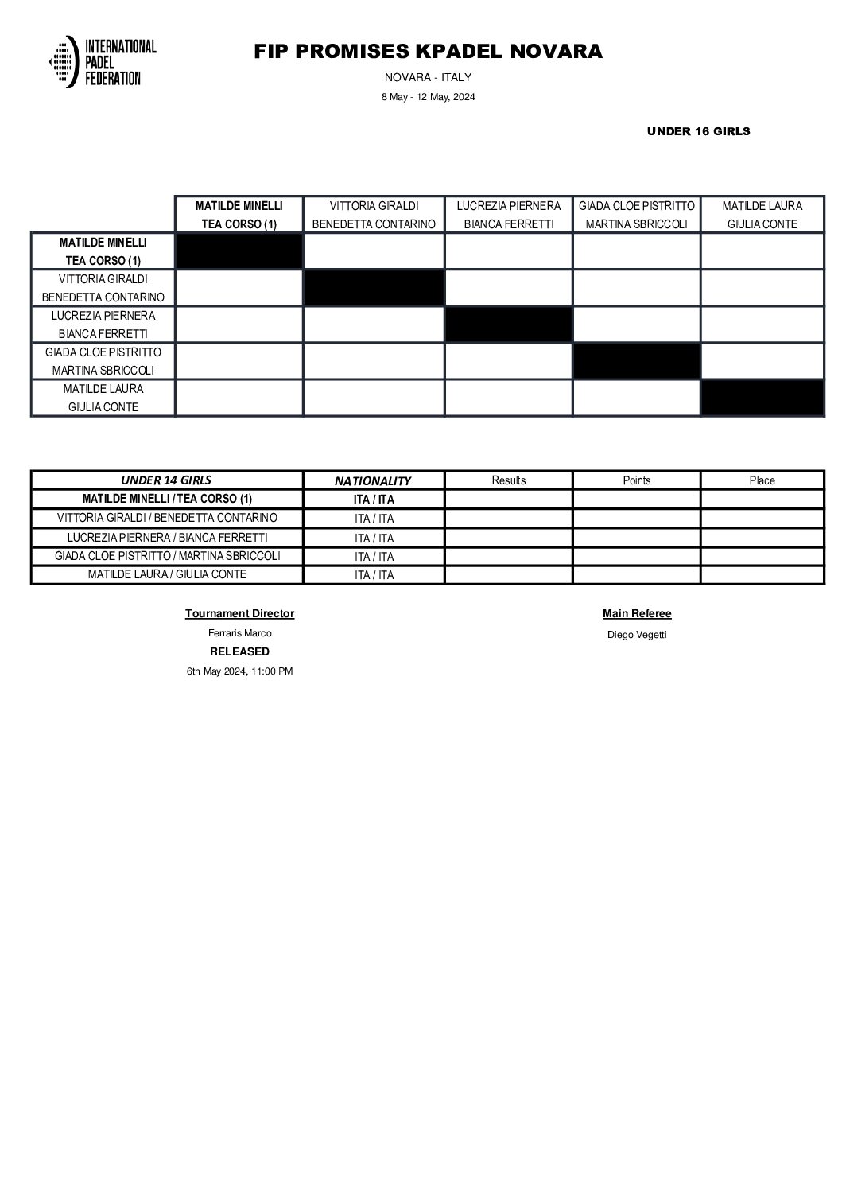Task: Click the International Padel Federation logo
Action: coord(103,61)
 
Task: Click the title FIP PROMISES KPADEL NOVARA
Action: coord(428,52)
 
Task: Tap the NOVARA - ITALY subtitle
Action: coord(428,77)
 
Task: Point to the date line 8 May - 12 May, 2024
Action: coord(428,97)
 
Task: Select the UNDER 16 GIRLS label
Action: coord(698,131)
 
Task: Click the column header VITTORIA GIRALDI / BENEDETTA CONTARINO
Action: coord(374,215)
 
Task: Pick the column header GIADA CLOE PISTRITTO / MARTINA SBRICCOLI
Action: coord(636,215)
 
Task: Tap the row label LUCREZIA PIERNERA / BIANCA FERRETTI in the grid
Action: coord(103,325)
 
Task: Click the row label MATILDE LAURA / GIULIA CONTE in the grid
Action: coord(103,398)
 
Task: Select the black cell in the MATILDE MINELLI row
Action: coord(239,251)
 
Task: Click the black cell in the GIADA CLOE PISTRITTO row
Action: coord(636,361)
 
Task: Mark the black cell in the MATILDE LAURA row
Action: coord(762,398)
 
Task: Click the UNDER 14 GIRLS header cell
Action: coord(166,480)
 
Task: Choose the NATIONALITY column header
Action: coord(373,480)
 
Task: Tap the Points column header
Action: coord(636,480)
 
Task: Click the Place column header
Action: coord(762,480)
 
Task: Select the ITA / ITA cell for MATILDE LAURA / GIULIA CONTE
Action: coord(374,575)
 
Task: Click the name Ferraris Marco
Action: coord(239,633)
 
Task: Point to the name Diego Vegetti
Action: coord(637,635)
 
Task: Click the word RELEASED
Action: coord(239,651)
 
